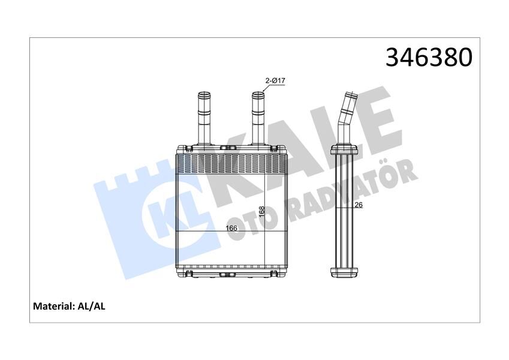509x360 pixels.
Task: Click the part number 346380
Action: [x=429, y=58]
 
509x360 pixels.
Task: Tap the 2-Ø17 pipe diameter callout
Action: [x=275, y=81]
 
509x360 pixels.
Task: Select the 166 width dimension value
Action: [x=231, y=228]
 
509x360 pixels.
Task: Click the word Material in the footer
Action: [x=52, y=306]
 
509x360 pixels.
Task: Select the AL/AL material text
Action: [x=92, y=306]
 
